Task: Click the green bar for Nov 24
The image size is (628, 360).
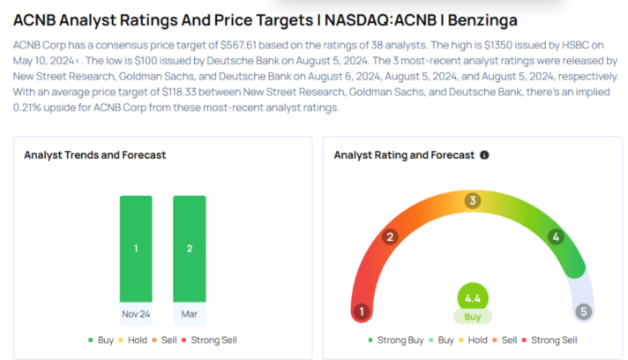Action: tap(136, 248)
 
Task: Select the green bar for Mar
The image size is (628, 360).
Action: tap(190, 248)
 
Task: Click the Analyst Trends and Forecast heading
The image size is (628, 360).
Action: tap(95, 155)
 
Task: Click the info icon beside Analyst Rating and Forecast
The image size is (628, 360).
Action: tap(484, 155)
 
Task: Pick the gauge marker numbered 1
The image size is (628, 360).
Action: tap(360, 311)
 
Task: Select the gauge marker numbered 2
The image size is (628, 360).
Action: tap(390, 236)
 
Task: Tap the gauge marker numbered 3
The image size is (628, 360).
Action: tap(473, 200)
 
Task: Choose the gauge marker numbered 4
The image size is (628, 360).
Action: tap(556, 236)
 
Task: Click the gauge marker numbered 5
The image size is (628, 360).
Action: tap(584, 311)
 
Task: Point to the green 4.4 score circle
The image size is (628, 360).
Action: tap(473, 297)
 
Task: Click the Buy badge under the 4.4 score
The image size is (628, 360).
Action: tap(473, 316)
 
